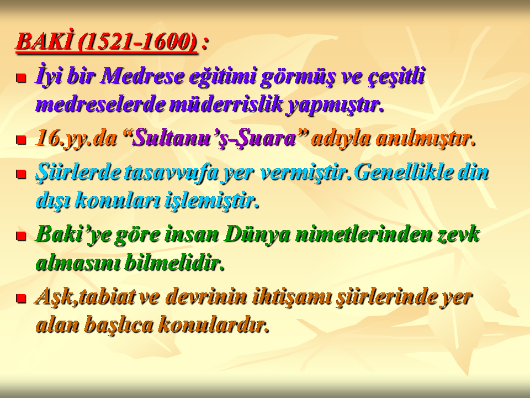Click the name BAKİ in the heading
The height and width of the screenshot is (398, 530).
pos(44,41)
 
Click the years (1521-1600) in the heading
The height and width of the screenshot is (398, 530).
pos(137,42)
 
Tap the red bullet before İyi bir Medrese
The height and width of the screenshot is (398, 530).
pos(22,78)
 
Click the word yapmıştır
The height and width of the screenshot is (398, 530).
pos(335,105)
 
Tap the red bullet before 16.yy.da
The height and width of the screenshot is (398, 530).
pos(22,140)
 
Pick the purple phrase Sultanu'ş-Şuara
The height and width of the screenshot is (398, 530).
pos(214,138)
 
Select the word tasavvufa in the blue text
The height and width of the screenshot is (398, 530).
pos(171,172)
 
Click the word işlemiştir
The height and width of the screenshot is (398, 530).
pos(212,200)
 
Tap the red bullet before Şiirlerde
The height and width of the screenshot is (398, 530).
pos(22,174)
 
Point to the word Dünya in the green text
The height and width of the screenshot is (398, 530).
pos(257,234)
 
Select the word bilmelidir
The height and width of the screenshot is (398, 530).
pos(174,263)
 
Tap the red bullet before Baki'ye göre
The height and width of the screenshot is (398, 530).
pos(22,236)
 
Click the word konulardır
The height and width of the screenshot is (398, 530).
pos(214,324)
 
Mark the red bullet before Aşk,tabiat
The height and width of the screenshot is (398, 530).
pos(22,298)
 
